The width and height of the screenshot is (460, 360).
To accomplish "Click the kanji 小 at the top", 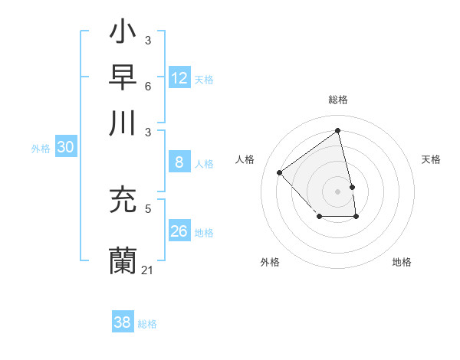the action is [123, 34].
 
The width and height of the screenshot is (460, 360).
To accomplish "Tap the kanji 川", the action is [123, 123].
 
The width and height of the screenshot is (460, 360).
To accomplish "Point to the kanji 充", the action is [123, 201].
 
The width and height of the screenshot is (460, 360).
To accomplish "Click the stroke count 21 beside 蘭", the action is [148, 270].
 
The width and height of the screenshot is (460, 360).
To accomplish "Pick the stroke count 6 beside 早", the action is [148, 85].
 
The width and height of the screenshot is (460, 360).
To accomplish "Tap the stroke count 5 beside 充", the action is [148, 208].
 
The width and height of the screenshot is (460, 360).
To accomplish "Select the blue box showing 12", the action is [179, 78].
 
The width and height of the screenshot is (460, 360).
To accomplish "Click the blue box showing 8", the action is [179, 162].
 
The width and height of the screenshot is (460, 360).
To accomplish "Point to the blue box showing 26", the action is [179, 231].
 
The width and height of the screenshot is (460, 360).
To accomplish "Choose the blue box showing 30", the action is [65, 148].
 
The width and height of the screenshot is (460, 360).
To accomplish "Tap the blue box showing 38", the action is [123, 322].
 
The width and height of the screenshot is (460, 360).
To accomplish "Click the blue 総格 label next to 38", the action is [147, 324].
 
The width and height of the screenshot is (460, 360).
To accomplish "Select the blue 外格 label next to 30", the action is [41, 149].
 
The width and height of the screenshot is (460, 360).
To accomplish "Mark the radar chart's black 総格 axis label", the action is [338, 100].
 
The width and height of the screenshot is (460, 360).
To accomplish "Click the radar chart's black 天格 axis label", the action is [432, 159].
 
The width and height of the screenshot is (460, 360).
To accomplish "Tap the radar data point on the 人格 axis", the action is [280, 172].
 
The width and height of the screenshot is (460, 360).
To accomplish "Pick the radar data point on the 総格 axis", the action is [338, 130].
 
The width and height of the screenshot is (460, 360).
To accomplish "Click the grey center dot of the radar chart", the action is [338, 191].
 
